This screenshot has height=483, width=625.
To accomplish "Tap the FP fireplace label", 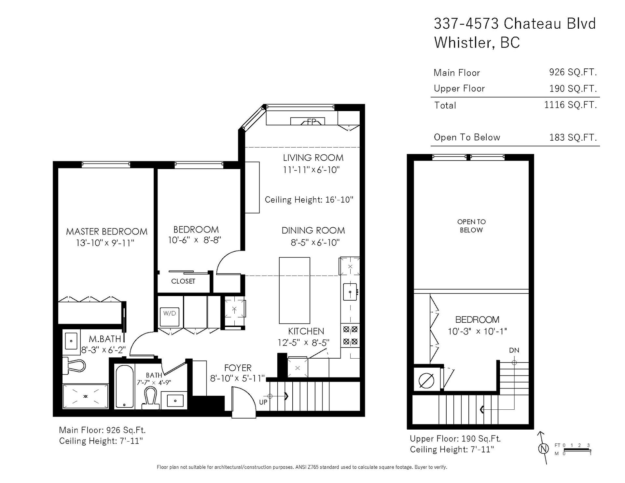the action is (312, 122).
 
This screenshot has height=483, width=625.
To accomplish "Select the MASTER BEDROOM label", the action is (107, 232).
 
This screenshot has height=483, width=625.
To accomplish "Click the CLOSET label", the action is (183, 281).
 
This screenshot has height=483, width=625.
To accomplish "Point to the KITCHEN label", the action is (306, 331).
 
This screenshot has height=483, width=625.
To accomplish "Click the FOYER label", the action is (238, 368).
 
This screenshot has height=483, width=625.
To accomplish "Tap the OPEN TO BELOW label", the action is (471, 226).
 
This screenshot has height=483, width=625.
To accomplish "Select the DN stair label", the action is (514, 350).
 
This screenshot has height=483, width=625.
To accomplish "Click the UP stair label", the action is (263, 402).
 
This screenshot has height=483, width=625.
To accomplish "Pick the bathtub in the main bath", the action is (124, 386).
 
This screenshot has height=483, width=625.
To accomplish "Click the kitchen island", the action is (295, 290).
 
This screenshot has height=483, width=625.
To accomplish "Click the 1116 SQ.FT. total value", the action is (571, 105).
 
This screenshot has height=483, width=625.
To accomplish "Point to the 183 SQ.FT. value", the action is (573, 137).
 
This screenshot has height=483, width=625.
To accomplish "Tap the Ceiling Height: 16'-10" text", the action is (309, 200).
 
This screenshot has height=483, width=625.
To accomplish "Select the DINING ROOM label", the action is (313, 230).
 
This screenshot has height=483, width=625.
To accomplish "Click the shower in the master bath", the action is (86, 396).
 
